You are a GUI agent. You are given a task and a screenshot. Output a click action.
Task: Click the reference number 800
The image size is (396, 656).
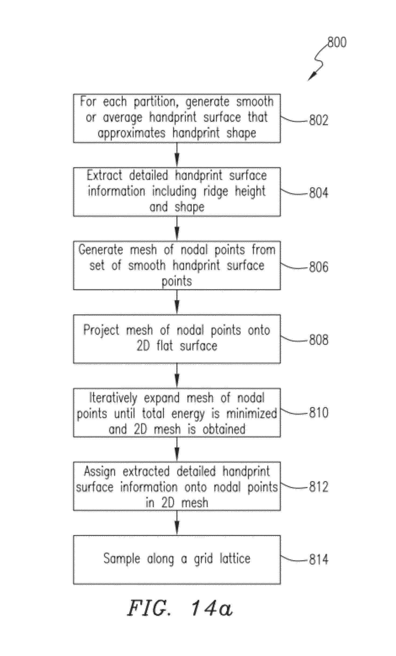(x=337, y=42)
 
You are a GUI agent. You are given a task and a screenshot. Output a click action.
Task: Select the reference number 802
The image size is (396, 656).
(x=319, y=120)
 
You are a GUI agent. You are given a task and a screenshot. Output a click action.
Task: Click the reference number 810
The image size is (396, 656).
(x=319, y=413)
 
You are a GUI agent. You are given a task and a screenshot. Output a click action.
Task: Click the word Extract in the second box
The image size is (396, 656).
(x=104, y=176)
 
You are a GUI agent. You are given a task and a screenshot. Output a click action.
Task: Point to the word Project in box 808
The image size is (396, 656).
(x=101, y=330)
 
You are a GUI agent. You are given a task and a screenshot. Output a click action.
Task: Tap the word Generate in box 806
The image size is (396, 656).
(x=101, y=250)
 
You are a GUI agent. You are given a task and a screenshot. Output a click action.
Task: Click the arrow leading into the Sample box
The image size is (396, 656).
(x=177, y=523)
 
